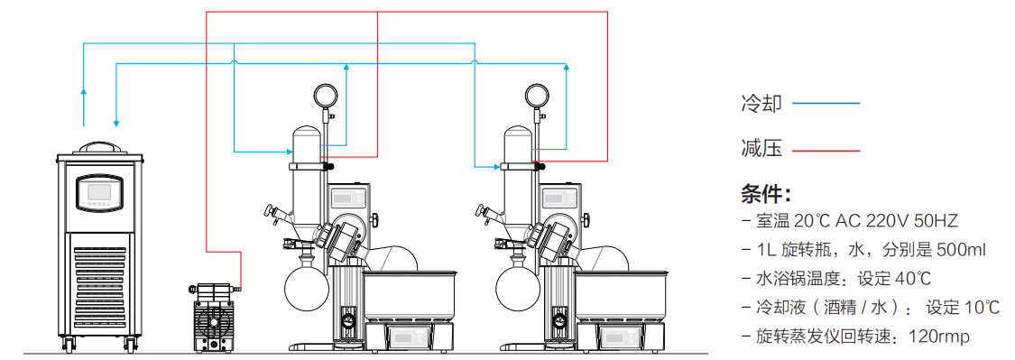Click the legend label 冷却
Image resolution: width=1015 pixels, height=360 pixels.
(x=761, y=104)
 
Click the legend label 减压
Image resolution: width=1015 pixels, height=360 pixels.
(x=761, y=149)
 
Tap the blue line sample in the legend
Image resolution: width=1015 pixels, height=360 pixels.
(x=826, y=104)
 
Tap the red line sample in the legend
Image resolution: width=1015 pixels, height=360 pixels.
(x=826, y=151)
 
